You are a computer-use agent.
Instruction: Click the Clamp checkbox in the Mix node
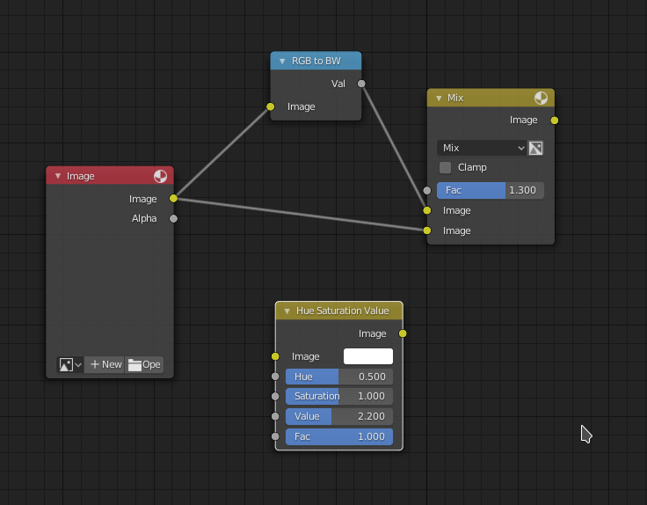(445, 168)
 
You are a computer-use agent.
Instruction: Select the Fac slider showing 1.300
(491, 190)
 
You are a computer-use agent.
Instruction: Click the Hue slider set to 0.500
(339, 377)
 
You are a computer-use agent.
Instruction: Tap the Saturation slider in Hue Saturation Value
(339, 397)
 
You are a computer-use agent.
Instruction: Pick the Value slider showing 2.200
(339, 416)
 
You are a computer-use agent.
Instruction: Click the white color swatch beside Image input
(368, 356)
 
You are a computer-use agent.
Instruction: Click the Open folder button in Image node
(144, 364)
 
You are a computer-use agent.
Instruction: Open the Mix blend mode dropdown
(482, 148)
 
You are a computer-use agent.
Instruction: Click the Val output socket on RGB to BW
(361, 84)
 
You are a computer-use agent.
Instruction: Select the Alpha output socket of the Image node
(174, 218)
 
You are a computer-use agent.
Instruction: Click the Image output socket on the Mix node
(555, 121)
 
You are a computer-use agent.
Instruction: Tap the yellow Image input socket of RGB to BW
(270, 107)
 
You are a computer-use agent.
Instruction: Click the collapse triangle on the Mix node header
(439, 99)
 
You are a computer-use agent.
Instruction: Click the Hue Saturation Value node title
(343, 311)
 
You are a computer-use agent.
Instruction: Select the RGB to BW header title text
(316, 61)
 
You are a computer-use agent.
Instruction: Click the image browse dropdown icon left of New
(70, 364)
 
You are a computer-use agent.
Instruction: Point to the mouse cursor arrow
(586, 434)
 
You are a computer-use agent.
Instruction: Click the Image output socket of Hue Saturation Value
(403, 333)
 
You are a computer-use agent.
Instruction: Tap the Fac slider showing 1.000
(339, 436)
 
